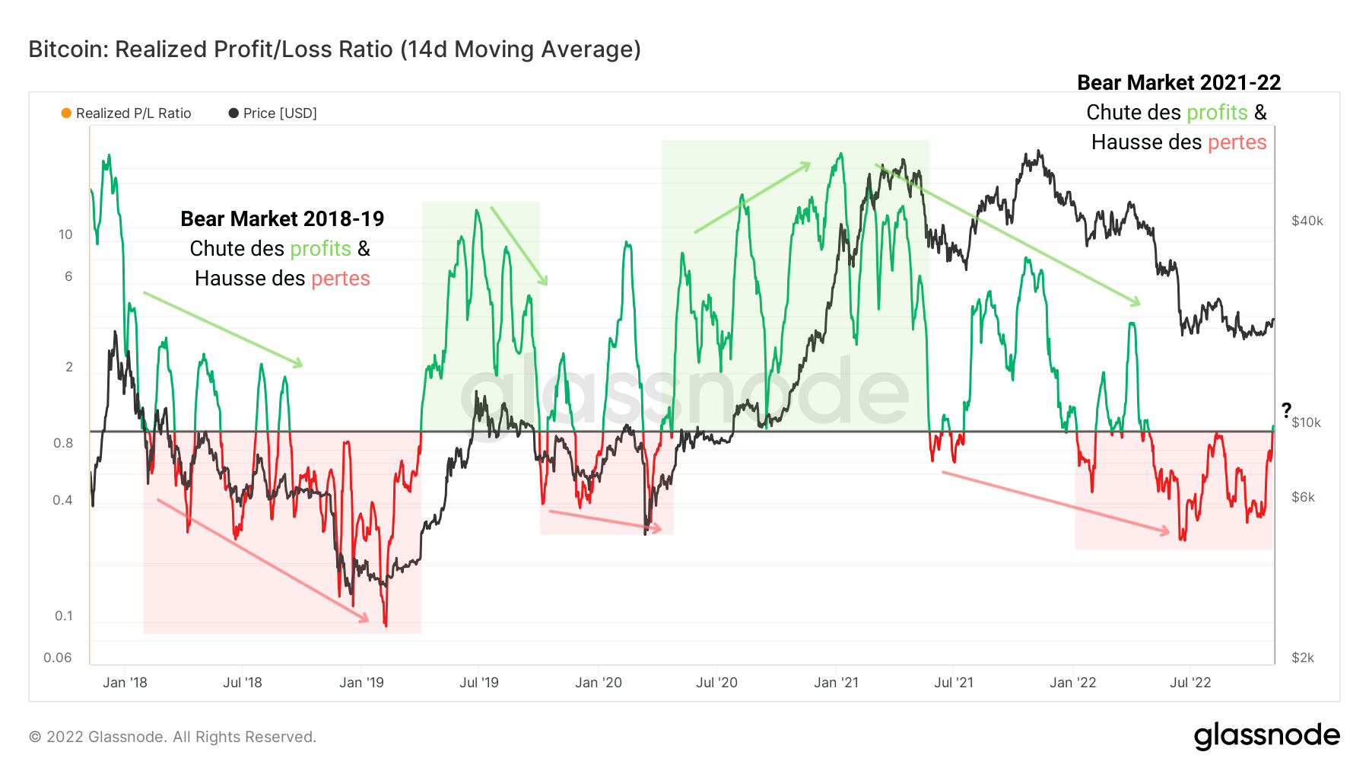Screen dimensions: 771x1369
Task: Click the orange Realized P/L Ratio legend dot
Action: (x=66, y=113)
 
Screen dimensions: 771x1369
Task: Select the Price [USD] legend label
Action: (x=279, y=113)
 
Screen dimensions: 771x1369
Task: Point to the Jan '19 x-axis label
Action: (x=361, y=683)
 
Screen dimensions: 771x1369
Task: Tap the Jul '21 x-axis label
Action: (x=953, y=683)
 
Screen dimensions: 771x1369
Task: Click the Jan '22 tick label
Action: (x=1072, y=683)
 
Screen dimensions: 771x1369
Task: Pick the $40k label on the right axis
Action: (x=1307, y=221)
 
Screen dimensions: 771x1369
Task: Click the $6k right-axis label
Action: (x=1303, y=497)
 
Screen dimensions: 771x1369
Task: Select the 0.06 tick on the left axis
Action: (x=58, y=658)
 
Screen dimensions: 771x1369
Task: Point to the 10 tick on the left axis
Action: (x=65, y=234)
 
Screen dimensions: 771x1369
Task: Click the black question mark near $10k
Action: (x=1286, y=409)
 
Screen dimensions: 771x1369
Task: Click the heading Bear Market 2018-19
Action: (x=282, y=219)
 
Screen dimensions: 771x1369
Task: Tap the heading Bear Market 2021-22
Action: (x=1179, y=82)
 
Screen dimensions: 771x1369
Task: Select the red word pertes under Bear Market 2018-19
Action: (x=340, y=279)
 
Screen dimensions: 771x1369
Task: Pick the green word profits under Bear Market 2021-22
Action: (x=1217, y=113)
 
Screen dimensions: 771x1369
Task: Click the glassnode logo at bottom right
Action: (x=1266, y=735)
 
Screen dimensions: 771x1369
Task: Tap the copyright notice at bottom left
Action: (x=172, y=737)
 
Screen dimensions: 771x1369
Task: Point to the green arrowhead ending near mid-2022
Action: (x=1136, y=303)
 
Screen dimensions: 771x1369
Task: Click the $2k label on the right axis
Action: (x=1302, y=658)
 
